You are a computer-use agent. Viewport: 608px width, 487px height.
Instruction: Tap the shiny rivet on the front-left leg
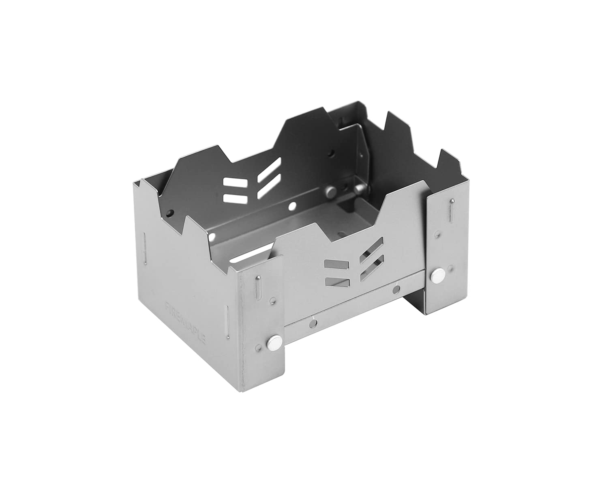point(276,343)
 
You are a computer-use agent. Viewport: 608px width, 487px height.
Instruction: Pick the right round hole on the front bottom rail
point(396,289)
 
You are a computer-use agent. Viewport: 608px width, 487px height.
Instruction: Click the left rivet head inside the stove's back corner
point(332,190)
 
